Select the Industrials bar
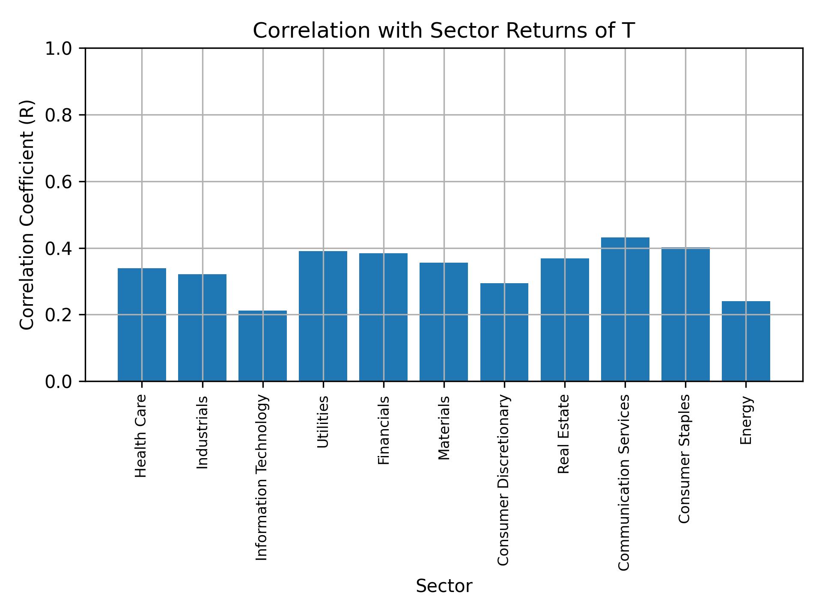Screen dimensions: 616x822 pyautogui.click(x=202, y=327)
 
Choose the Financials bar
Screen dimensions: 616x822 pyautogui.click(x=383, y=317)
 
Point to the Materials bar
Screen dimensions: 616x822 pyautogui.click(x=444, y=322)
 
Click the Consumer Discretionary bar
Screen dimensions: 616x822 pyautogui.click(x=504, y=332)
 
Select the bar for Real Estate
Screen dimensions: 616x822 pyautogui.click(x=565, y=320)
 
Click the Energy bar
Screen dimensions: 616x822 pyautogui.click(x=746, y=341)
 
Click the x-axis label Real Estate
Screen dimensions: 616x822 pyautogui.click(x=564, y=434)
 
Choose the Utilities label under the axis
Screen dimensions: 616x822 pyautogui.click(x=323, y=422)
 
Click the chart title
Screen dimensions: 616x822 pyautogui.click(x=444, y=31)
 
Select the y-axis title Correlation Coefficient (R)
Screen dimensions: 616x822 pyautogui.click(x=27, y=215)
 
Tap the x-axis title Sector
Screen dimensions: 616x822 pyautogui.click(x=444, y=586)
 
